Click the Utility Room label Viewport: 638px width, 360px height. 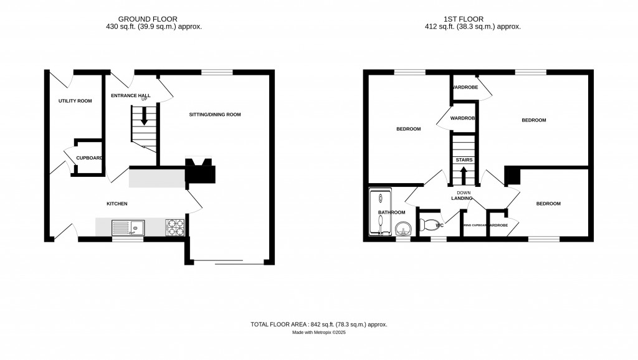tap(75, 100)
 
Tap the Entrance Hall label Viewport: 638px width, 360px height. tap(130, 95)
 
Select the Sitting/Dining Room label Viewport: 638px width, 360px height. tap(215, 115)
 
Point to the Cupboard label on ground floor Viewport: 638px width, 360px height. tap(89, 158)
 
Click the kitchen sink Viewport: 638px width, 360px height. tap(128, 227)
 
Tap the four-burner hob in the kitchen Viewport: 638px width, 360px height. tap(175, 227)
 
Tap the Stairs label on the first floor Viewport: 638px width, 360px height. tap(464, 160)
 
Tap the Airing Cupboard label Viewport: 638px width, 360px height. tap(474, 225)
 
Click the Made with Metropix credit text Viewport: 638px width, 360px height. tap(318, 333)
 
